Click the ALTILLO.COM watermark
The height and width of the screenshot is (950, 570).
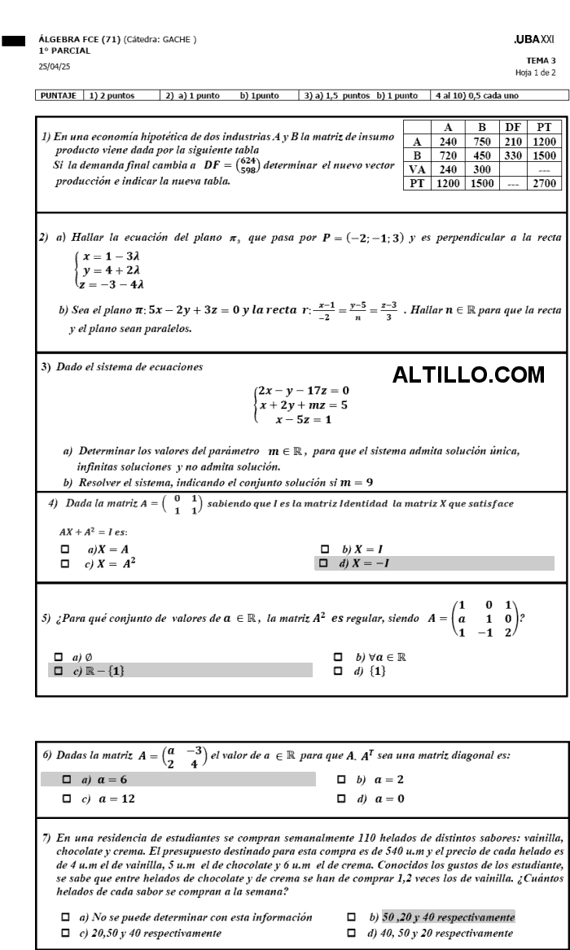pos(468,374)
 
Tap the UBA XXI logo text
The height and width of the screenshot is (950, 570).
pos(534,38)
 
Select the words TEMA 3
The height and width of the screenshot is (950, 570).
pos(541,60)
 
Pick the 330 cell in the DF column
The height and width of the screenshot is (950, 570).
pos(512,155)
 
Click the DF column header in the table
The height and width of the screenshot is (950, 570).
pos(512,127)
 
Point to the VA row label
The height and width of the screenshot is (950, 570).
pos(417,169)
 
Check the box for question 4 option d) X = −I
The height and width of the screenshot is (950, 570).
pos(323,563)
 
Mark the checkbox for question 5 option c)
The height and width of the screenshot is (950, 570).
pos(58,670)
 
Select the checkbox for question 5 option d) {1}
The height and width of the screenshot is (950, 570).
pos(340,670)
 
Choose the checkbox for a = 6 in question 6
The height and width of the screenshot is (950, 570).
pos(67,780)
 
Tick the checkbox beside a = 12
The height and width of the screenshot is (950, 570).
pos(67,799)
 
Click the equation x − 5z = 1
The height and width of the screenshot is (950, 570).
pos(303,420)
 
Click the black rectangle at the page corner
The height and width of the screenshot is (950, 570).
pos(14,38)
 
